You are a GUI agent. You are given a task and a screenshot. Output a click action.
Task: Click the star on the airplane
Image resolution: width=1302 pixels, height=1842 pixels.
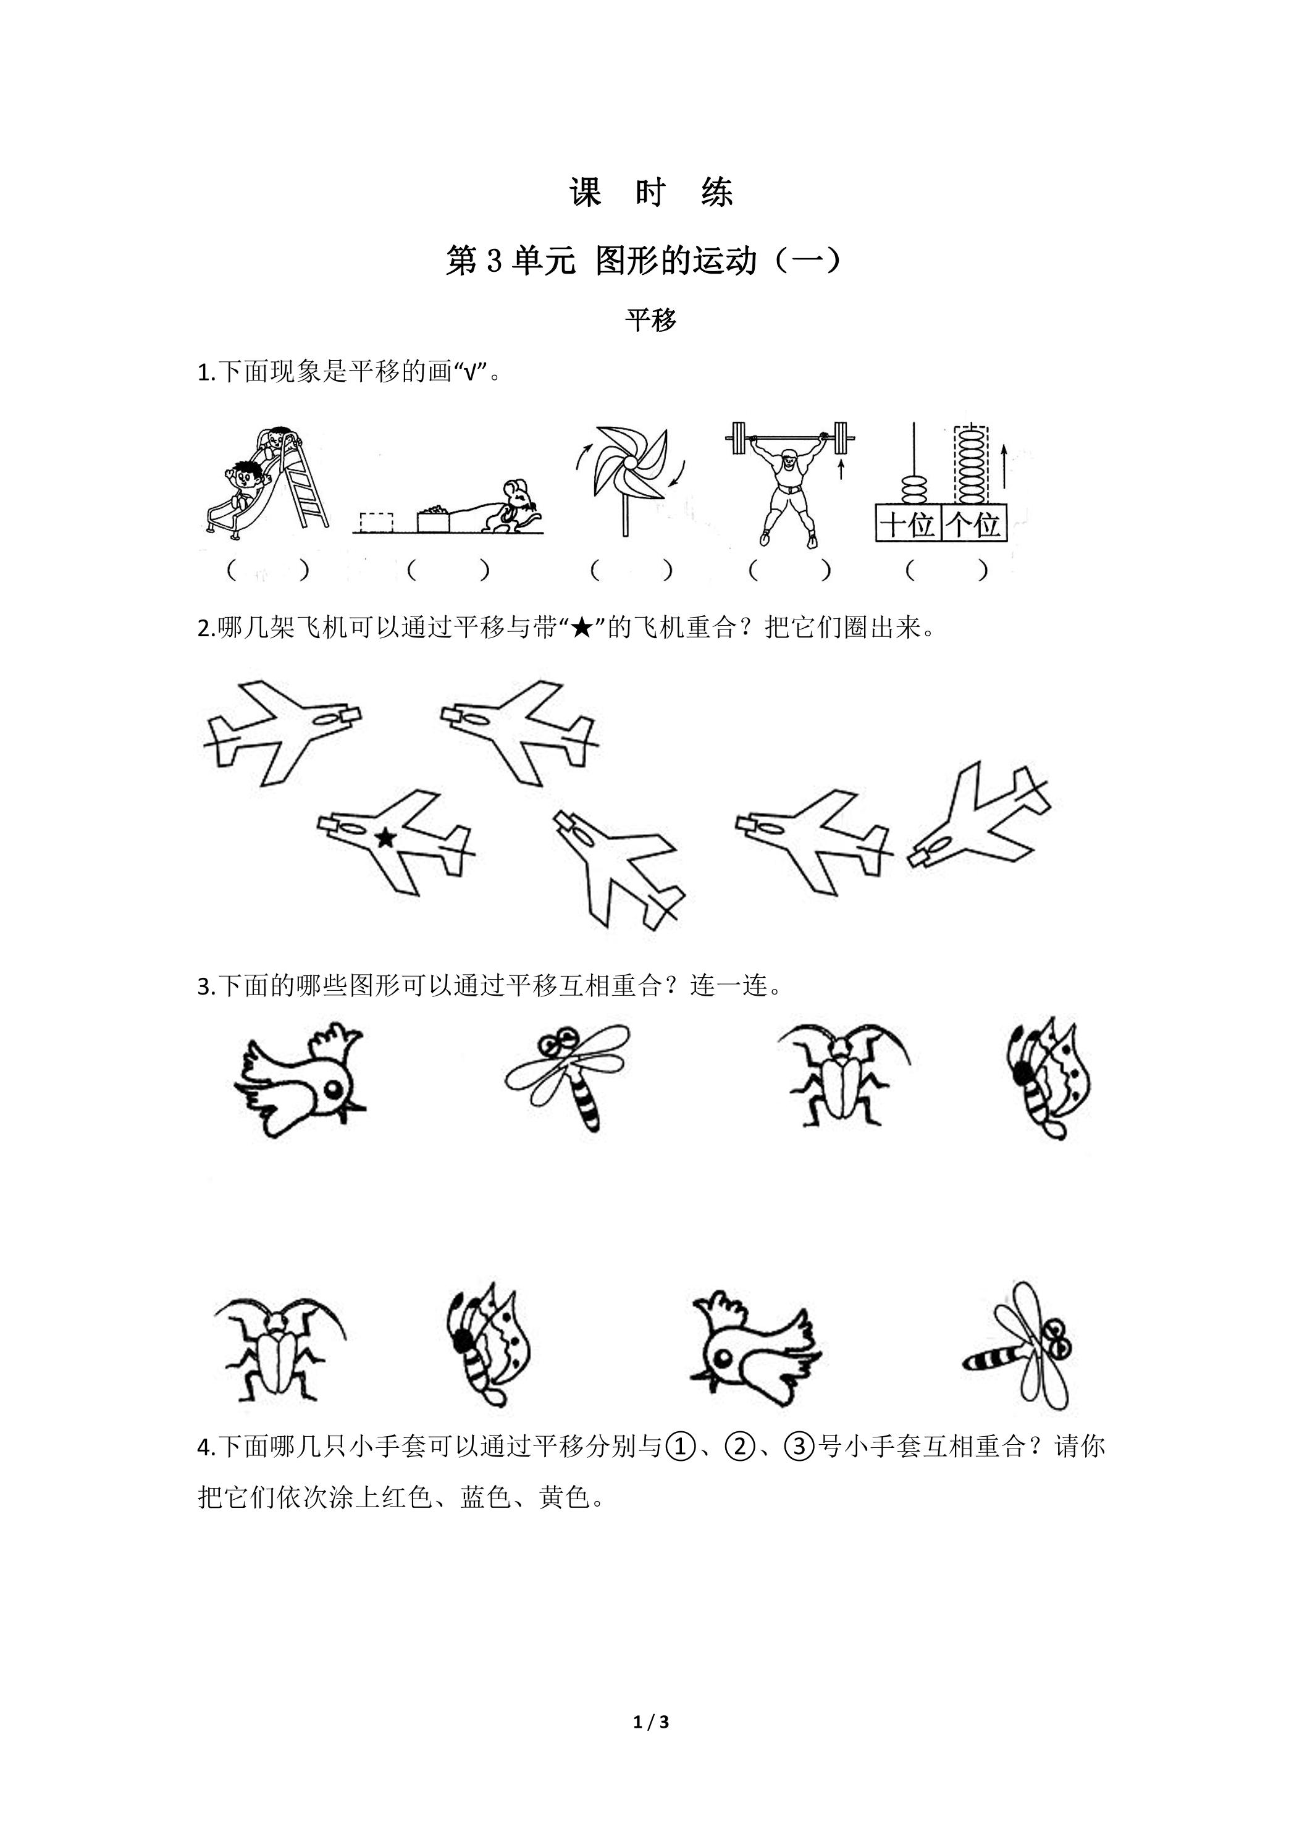386,838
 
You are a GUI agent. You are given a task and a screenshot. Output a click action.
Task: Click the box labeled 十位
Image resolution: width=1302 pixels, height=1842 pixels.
907,523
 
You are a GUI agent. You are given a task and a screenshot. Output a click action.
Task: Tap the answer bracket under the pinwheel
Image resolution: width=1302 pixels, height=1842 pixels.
631,570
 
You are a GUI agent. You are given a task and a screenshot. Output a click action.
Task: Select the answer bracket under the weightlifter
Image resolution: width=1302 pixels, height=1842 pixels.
789,570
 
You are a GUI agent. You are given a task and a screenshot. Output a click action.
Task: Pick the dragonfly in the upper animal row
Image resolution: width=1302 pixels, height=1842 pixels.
567,1076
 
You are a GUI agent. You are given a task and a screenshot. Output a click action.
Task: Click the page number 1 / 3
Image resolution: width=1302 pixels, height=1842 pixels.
650,1722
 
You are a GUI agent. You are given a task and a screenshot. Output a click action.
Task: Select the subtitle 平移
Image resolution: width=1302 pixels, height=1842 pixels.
650,320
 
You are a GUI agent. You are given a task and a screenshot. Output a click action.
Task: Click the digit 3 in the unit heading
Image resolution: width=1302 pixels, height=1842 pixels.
492,261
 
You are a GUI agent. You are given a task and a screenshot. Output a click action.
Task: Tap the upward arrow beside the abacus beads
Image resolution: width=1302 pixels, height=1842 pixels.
1004,468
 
